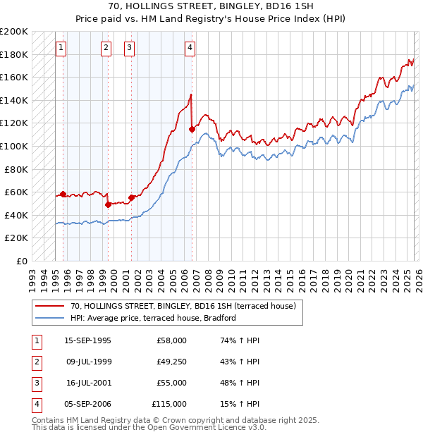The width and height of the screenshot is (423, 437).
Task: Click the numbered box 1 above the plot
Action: (x=61, y=48)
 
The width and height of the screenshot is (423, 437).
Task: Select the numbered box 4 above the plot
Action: (x=190, y=48)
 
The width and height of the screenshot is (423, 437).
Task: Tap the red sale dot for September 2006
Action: (x=192, y=129)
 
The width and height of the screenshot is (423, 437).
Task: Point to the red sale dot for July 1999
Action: (x=108, y=204)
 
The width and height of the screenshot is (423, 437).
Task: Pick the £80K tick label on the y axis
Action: (x=16, y=169)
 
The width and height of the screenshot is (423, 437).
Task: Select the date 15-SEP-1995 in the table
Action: (x=87, y=340)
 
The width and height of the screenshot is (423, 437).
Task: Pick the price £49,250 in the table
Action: (x=171, y=362)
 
